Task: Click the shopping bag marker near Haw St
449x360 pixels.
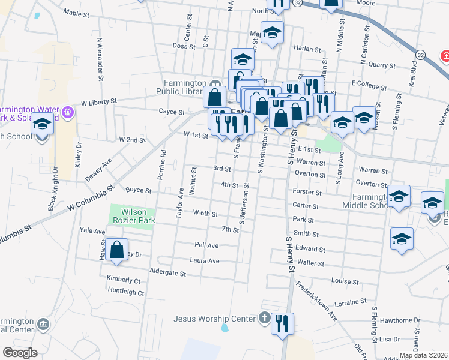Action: click(118, 249)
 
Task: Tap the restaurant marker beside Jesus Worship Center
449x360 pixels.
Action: click(282, 325)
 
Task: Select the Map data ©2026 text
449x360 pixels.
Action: click(423, 355)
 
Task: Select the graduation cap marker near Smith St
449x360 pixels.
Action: click(402, 238)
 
